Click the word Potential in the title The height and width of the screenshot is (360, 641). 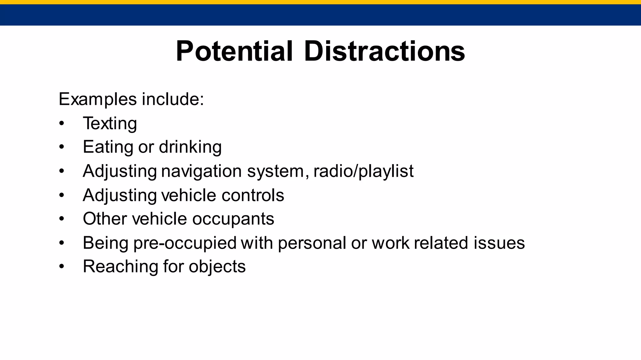234,51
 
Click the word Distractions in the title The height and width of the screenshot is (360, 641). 384,51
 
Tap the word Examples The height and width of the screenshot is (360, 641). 98,99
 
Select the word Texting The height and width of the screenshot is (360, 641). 110,123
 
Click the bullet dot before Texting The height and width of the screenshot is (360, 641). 61,124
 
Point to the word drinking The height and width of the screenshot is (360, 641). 190,147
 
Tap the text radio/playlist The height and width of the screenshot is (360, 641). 363,171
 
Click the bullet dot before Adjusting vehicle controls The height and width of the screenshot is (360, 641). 61,195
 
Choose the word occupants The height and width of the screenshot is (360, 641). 233,219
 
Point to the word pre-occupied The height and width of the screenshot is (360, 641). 185,243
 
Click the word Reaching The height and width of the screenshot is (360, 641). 121,267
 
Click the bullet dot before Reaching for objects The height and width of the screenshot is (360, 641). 61,267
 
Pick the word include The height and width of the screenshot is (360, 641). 173,99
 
